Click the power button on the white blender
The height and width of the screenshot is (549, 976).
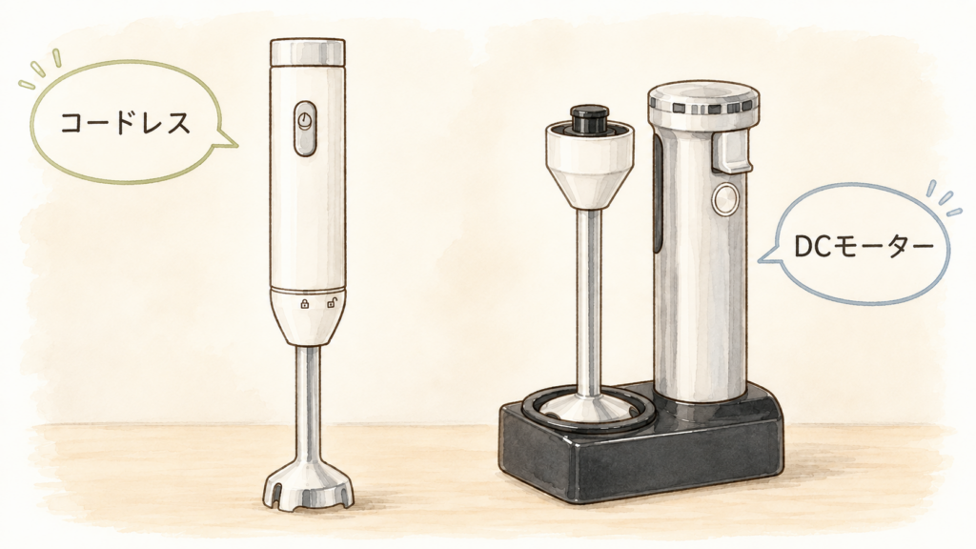pos(305,129)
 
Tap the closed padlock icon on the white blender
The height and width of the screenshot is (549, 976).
pos(304,304)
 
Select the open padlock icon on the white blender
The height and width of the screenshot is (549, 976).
pos(332,303)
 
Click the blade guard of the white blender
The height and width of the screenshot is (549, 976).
pos(308,486)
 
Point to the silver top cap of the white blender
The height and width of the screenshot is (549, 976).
pos(308,52)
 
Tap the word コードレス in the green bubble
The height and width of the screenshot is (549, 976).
pos(126,123)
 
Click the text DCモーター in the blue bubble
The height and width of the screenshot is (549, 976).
pos(864,247)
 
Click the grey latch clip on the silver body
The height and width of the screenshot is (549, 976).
pos(732,153)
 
